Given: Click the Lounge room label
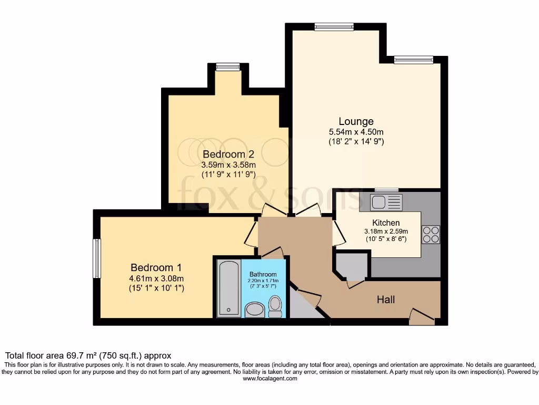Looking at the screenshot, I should coord(356,122).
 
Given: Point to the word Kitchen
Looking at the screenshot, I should coord(386,223).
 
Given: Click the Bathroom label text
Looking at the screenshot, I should coord(263,274).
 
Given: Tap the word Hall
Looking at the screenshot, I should coord(386,300).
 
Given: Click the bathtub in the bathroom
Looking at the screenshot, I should coord(228,288).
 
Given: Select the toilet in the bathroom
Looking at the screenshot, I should coord(275,306).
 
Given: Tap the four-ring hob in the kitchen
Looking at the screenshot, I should coord(431,234).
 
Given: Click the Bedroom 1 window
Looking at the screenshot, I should coord(97,258).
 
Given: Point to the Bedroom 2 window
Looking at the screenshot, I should coord(227,66).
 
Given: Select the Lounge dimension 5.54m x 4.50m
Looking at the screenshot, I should coord(356,132).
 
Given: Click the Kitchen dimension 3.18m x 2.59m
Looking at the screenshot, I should coord(386,231).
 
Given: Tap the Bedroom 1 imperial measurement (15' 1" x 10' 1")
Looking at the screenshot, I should coord(156,288).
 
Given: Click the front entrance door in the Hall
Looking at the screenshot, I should coord(421,316).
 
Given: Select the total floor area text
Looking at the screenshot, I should coord(88,356).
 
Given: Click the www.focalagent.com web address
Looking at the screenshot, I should coord(269,378).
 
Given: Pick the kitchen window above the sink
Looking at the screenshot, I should coord(386,189).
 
